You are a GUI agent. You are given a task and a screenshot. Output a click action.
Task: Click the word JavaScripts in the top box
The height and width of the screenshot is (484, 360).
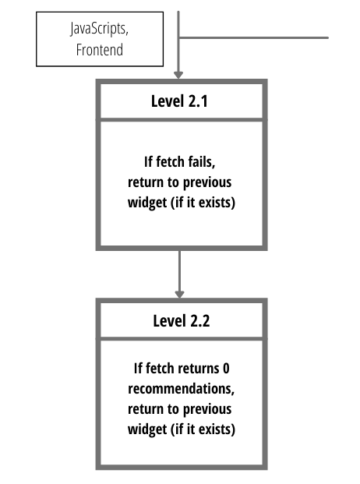coord(99,29)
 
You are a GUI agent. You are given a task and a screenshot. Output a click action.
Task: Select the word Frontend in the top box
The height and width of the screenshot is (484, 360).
coord(99,50)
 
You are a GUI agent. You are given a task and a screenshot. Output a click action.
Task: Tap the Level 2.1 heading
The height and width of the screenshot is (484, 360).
coord(179,101)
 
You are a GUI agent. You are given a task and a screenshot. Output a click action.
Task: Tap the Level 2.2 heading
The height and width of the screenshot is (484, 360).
coord(182,321)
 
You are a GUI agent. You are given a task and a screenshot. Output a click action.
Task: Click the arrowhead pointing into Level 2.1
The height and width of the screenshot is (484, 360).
coord(178,75)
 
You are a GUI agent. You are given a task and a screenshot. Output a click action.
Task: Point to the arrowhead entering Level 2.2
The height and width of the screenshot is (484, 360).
coord(179,294)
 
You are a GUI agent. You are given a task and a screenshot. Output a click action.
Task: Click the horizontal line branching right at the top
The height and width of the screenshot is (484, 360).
coord(253,38)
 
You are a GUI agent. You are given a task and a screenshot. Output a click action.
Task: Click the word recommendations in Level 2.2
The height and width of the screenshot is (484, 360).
coord(181,389)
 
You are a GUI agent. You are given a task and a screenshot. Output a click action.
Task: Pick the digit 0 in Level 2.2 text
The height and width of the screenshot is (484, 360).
coord(226,369)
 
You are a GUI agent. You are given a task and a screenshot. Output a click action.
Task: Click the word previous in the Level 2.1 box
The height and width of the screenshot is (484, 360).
coord(207,183)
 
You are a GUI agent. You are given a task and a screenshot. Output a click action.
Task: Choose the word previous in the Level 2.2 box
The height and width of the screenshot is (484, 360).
coord(207,410)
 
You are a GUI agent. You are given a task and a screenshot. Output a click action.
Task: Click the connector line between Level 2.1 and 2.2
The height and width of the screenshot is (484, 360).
coord(179,270)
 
